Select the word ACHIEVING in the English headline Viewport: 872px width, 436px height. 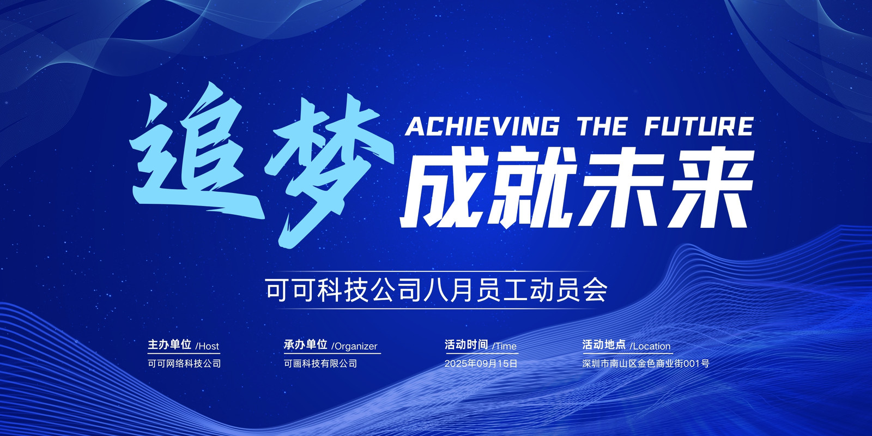(x=482, y=126)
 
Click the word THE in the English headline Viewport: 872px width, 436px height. (x=602, y=126)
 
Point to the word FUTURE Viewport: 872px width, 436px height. (x=699, y=126)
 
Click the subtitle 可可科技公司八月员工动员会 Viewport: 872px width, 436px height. (x=437, y=290)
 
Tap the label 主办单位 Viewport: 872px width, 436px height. (x=169, y=344)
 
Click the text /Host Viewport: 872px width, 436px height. (x=207, y=346)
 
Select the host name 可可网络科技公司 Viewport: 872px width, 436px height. (x=184, y=364)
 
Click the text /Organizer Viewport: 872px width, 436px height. (x=354, y=346)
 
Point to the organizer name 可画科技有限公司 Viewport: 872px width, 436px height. (x=320, y=364)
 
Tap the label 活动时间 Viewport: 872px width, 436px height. (x=467, y=344)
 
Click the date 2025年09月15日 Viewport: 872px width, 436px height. (x=481, y=364)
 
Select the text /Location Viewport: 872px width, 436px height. (x=650, y=346)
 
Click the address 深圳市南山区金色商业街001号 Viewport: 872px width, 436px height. (x=646, y=364)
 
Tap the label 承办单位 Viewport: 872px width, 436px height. (x=306, y=344)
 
